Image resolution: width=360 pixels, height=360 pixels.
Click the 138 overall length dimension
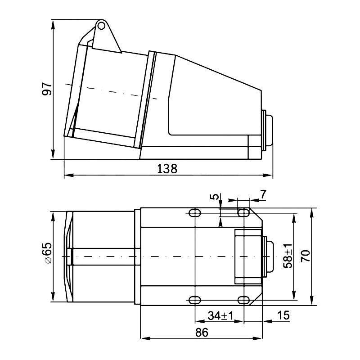pyautogui.click(x=167, y=169)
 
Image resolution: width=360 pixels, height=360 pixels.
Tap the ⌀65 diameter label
pyautogui.click(x=46, y=255)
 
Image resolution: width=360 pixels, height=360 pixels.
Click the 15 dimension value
pyautogui.click(x=283, y=315)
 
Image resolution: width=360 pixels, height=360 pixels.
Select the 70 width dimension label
pyautogui.click(x=306, y=256)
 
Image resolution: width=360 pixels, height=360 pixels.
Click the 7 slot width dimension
pyautogui.click(x=263, y=194)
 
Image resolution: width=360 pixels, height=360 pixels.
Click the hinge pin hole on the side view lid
pyautogui.click(x=102, y=26)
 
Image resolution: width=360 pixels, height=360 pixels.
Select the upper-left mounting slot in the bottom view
pyautogui.click(x=195, y=213)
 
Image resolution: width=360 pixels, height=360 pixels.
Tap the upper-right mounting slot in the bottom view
pyautogui.click(x=243, y=212)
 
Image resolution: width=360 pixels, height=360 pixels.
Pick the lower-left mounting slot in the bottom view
pyautogui.click(x=195, y=300)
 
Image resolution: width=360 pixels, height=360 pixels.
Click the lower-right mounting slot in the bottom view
pyautogui.click(x=243, y=300)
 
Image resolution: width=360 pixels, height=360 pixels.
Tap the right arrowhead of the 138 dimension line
pyautogui.click(x=271, y=175)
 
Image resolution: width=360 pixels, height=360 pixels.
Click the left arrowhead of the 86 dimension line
pyautogui.click(x=144, y=338)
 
